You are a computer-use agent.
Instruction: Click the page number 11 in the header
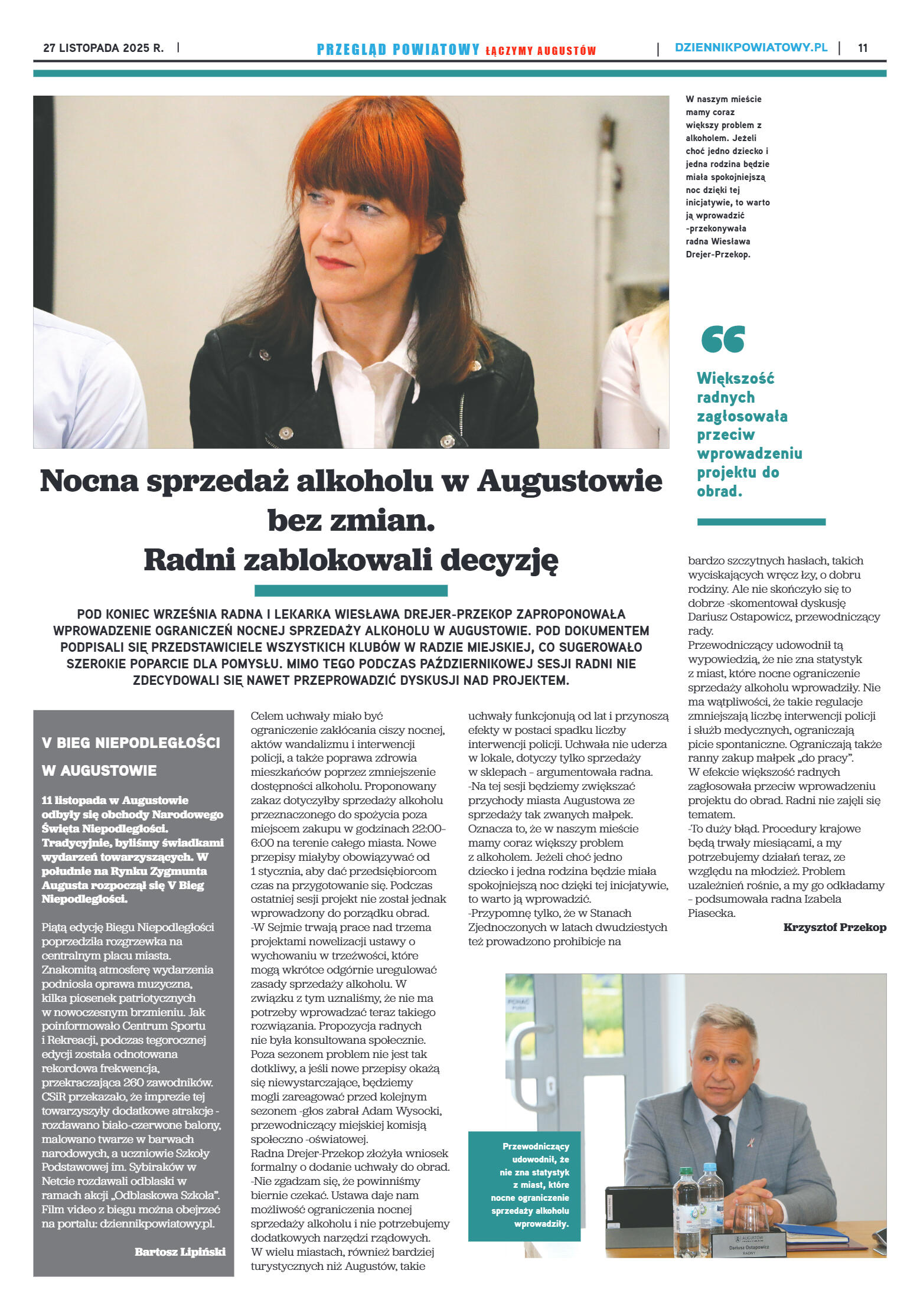coord(862,48)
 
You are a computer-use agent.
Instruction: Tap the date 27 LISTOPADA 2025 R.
coord(103,48)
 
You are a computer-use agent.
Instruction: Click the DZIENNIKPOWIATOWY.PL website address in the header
coord(751,48)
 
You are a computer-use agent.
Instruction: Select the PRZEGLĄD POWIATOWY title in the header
coord(398,50)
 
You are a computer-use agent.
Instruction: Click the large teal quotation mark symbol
coord(722,339)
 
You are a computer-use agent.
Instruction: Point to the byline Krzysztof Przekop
coord(834,927)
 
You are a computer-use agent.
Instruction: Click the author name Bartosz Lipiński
coord(180,1252)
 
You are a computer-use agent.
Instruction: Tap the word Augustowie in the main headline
coord(569,481)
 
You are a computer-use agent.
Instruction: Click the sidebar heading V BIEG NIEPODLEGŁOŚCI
coord(131,743)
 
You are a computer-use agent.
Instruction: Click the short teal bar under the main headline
coord(351,590)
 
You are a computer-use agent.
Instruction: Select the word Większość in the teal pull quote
coord(735,378)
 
